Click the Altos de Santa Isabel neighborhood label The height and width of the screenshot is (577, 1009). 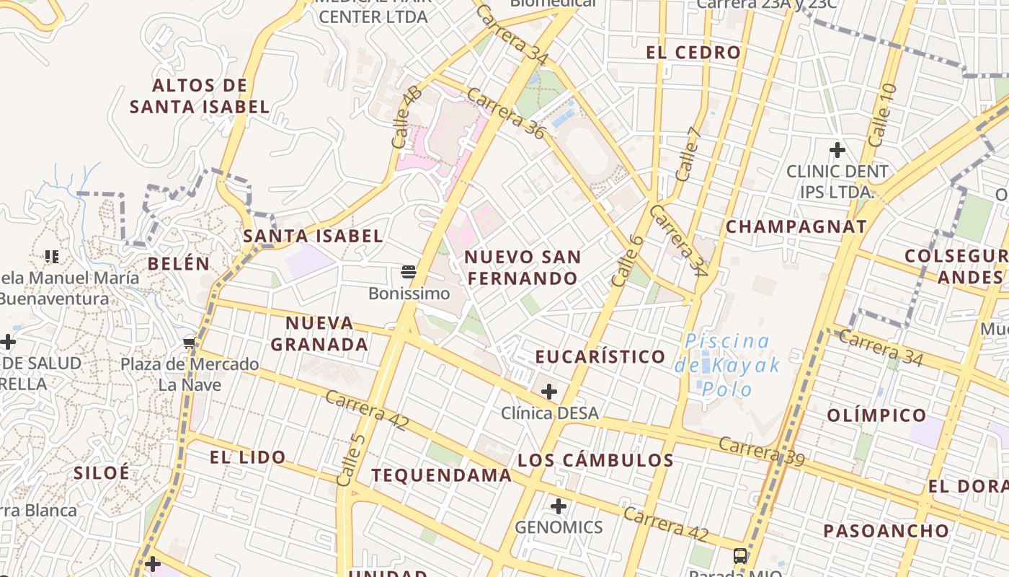click(x=200, y=96)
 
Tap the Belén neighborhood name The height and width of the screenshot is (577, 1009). click(x=179, y=263)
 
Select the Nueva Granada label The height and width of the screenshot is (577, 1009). click(x=319, y=333)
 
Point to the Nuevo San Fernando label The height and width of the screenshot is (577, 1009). click(x=523, y=268)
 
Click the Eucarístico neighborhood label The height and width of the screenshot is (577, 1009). click(x=600, y=356)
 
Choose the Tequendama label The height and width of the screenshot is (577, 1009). click(x=441, y=475)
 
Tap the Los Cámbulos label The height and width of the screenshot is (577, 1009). click(x=595, y=459)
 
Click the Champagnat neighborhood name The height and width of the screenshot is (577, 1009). click(x=796, y=226)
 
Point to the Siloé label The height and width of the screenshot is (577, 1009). click(x=102, y=472)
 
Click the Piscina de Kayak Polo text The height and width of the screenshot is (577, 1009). click(x=728, y=365)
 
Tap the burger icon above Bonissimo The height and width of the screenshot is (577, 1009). click(x=409, y=272)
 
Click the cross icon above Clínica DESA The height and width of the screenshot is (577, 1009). click(x=549, y=392)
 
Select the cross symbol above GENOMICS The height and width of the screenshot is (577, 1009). click(x=559, y=506)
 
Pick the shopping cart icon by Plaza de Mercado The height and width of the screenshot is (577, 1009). click(x=190, y=343)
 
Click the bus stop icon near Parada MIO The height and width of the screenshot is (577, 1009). click(x=740, y=555)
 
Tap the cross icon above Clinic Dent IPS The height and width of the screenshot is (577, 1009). click(x=837, y=150)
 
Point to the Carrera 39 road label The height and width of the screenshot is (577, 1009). click(x=761, y=452)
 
